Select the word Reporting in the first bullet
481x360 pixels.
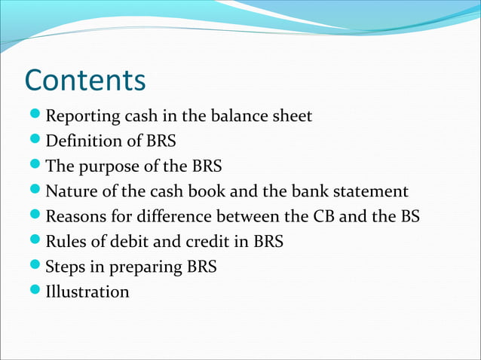(81, 117)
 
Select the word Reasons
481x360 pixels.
(75, 217)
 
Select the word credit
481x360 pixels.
(204, 242)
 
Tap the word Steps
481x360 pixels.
(66, 267)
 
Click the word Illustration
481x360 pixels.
(87, 291)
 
